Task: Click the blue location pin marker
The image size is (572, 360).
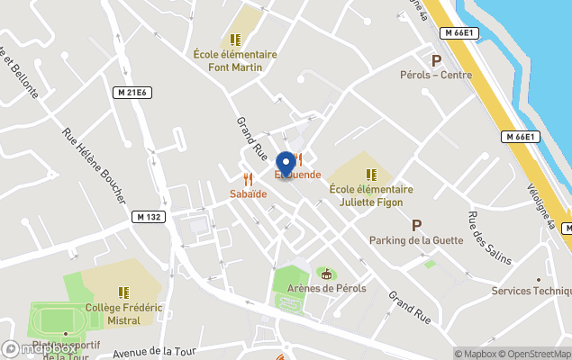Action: [286, 163]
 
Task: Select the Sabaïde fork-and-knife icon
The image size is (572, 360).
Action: [248, 179]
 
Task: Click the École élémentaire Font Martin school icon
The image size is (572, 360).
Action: [235, 40]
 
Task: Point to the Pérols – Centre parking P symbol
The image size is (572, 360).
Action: [437, 60]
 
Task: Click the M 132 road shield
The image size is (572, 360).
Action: [149, 217]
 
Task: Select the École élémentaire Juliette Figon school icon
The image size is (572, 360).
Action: [370, 175]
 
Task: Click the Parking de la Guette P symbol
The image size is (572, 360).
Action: [416, 225]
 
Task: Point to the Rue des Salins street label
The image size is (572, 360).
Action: [489, 238]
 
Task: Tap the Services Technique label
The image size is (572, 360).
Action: [531, 291]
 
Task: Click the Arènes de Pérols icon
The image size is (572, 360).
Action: [326, 274]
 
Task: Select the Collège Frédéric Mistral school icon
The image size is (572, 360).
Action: [123, 292]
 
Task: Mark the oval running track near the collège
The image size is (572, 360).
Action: [56, 319]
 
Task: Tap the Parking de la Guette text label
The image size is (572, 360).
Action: [416, 240]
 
